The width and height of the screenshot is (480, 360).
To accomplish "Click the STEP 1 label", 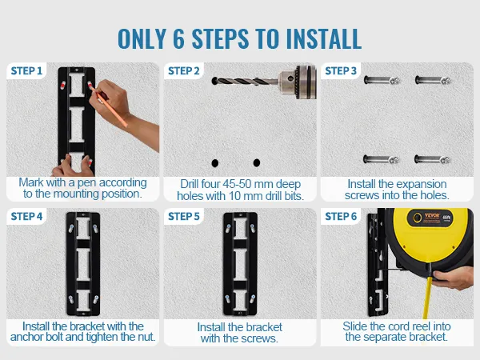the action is click(x=26, y=71).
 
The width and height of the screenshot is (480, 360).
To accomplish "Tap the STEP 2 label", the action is click(x=184, y=71).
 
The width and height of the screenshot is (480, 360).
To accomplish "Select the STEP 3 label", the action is click(x=341, y=71).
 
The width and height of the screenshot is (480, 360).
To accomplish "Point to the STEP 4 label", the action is click(x=26, y=217).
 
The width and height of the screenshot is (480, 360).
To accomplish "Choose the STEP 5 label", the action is click(x=184, y=217).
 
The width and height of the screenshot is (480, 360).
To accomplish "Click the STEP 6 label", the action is click(x=341, y=217).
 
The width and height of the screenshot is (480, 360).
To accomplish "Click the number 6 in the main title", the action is click(x=178, y=39).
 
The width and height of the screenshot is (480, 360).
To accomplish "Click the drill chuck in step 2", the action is click(x=297, y=82).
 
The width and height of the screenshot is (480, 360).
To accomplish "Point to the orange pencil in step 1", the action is click(x=109, y=105).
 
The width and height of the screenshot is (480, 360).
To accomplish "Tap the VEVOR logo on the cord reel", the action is click(x=432, y=215).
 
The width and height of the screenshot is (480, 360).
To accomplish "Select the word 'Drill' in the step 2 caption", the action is click(x=190, y=184).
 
